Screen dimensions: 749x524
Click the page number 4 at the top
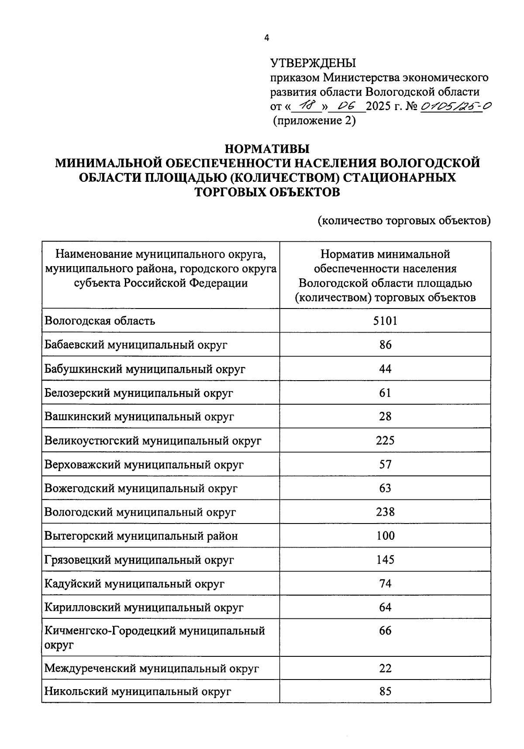[x=267, y=38]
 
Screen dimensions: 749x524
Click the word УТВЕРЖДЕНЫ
[x=313, y=63]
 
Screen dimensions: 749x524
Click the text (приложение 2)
[x=314, y=121]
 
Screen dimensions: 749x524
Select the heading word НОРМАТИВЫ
[x=267, y=149]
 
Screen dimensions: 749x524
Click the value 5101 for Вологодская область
[x=385, y=321]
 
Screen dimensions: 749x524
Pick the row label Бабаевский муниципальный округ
[x=136, y=345]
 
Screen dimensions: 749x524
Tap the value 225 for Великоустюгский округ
[x=385, y=440]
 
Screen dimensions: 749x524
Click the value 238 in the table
[x=385, y=512]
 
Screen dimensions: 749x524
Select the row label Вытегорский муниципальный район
[x=141, y=536]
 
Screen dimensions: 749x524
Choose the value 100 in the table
[x=385, y=536]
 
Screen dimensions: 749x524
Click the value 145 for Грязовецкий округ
[x=385, y=560]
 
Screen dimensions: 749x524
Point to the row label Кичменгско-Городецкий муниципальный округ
[x=155, y=637]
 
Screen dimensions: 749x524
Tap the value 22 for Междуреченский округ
[x=385, y=668]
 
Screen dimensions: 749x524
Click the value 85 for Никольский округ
[x=385, y=691]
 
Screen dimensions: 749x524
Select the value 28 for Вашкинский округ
[x=385, y=416]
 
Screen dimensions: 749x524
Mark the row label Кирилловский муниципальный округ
[x=144, y=607]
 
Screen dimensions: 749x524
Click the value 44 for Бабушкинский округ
[x=385, y=369]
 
